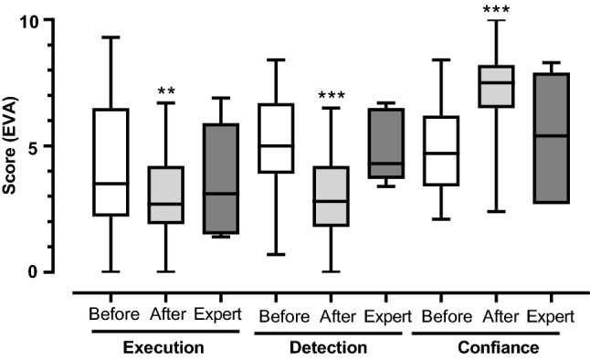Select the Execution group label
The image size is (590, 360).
tap(163, 348)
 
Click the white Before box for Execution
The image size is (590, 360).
tap(111, 162)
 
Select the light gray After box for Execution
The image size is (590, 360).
tap(165, 195)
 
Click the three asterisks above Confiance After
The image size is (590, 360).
tap(498, 10)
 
